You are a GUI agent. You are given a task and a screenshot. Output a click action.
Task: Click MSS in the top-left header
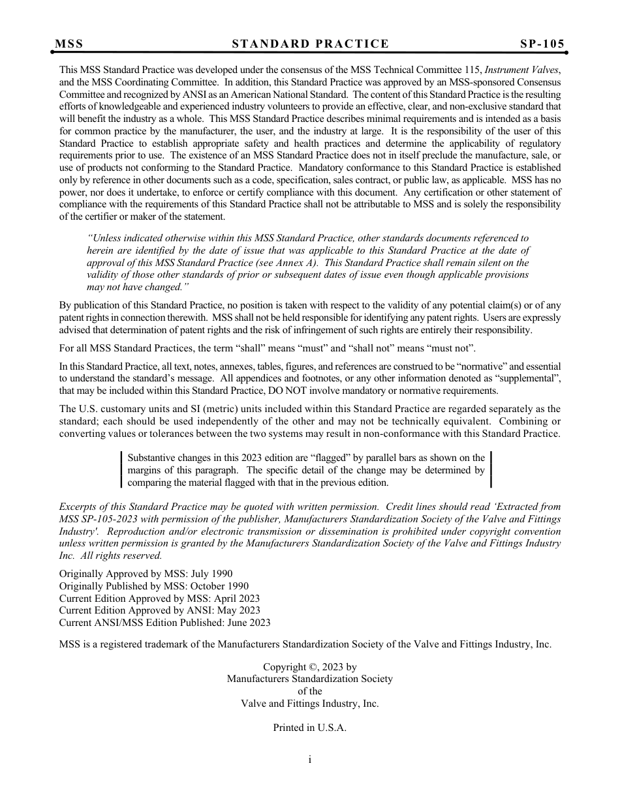(x=69, y=44)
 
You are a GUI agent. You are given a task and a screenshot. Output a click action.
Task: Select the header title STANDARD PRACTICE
(x=310, y=44)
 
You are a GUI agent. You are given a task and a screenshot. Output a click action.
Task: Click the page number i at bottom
(x=310, y=759)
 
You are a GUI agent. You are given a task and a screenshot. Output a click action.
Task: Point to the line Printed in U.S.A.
(x=309, y=728)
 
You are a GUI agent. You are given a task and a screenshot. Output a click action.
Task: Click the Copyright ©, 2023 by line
(x=309, y=667)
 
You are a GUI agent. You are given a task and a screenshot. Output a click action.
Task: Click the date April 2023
(x=234, y=598)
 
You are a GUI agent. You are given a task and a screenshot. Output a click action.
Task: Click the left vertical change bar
(x=121, y=470)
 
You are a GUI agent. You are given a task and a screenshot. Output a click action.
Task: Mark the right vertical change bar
(x=491, y=470)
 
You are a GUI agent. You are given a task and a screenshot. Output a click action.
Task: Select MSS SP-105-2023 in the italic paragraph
(x=99, y=518)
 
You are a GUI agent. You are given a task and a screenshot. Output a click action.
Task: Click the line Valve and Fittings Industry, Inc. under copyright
(x=309, y=704)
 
